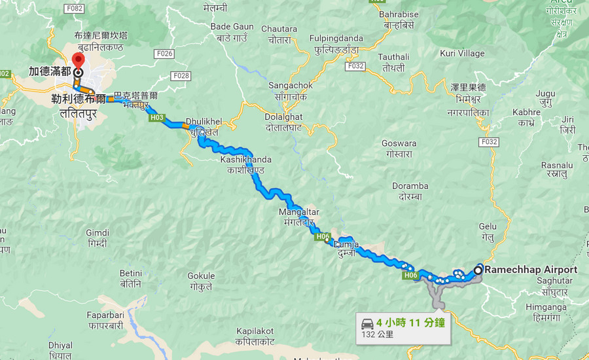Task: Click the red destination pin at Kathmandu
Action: pyautogui.click(x=78, y=60)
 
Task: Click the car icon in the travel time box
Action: pyautogui.click(x=367, y=323)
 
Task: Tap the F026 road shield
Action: pyautogui.click(x=165, y=54)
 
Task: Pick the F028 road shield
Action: pyautogui.click(x=181, y=77)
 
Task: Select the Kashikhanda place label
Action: pyautogui.click(x=245, y=160)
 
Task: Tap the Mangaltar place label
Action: pyautogui.click(x=299, y=212)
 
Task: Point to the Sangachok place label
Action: pyautogui.click(x=291, y=86)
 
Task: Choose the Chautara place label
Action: pyautogui.click(x=279, y=29)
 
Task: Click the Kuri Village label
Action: pyautogui.click(x=462, y=53)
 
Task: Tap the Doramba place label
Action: pyautogui.click(x=410, y=186)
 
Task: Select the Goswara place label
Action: pyautogui.click(x=399, y=143)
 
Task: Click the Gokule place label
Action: pyautogui.click(x=201, y=276)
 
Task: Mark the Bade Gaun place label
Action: pyautogui.click(x=232, y=27)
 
